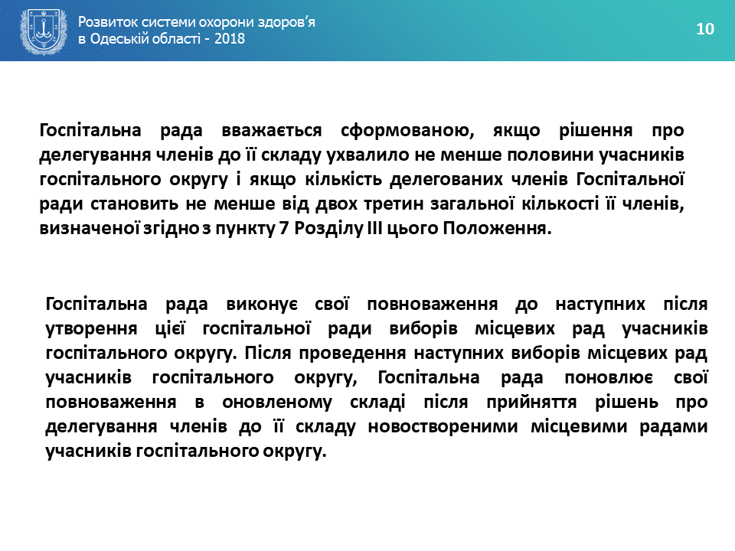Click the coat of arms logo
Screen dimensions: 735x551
pyautogui.click(x=44, y=31)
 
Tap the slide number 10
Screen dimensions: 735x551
pyautogui.click(x=705, y=29)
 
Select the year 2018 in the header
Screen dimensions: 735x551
pyautogui.click(x=230, y=38)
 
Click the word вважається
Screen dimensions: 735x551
pyautogui.click(x=272, y=130)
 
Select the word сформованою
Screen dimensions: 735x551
pyautogui.click(x=407, y=131)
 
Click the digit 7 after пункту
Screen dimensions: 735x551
pyautogui.click(x=285, y=229)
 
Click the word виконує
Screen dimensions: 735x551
pyautogui.click(x=262, y=305)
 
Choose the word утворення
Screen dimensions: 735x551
pyautogui.click(x=91, y=329)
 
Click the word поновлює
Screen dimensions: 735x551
pyautogui.click(x=608, y=377)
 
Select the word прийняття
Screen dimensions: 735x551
pyautogui.click(x=531, y=403)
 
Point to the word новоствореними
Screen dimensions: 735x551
pyautogui.click(x=443, y=426)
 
